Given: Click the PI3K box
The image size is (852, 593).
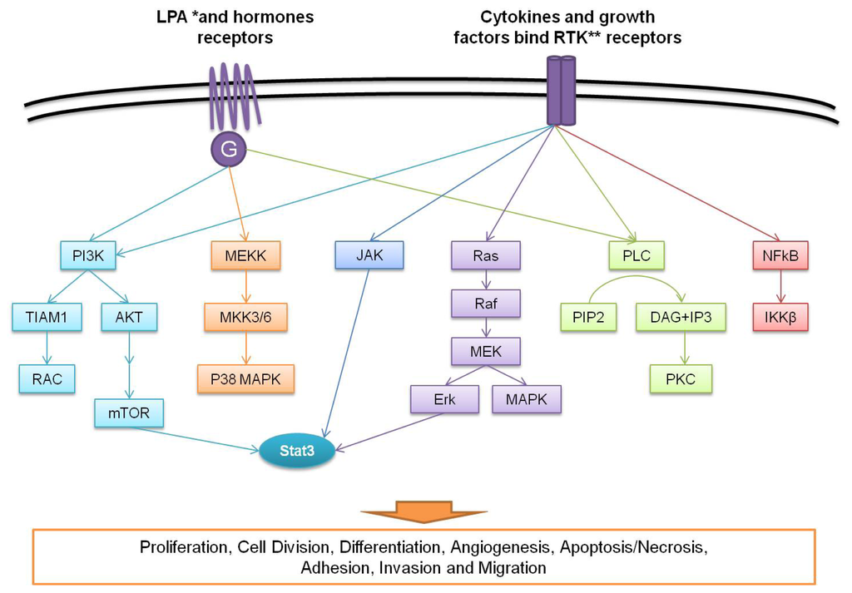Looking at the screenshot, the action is click(x=88, y=255).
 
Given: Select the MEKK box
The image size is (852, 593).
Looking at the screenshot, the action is click(x=245, y=255).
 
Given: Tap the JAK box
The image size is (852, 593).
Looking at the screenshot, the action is click(x=369, y=254).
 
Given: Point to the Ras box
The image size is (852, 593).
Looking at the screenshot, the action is click(x=486, y=255).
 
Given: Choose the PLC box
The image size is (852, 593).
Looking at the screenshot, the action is click(x=637, y=255).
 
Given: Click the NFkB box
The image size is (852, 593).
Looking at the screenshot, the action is click(x=780, y=255).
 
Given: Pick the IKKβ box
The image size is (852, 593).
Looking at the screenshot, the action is click(x=780, y=317).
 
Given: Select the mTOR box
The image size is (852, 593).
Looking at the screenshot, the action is click(x=129, y=413).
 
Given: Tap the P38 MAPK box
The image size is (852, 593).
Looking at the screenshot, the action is click(x=245, y=378).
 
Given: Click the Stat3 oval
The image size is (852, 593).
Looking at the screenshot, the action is click(x=297, y=450).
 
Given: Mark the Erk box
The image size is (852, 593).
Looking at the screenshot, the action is click(x=444, y=400).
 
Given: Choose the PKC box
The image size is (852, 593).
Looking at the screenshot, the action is click(x=681, y=378).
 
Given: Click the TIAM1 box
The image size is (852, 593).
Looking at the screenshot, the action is click(x=47, y=317).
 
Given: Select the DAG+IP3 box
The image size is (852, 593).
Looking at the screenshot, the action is click(x=681, y=317).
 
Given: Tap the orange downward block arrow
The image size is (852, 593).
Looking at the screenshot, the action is click(x=424, y=511).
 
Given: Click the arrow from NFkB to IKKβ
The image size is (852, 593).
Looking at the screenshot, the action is click(x=780, y=286).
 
